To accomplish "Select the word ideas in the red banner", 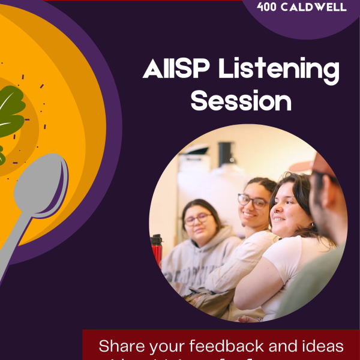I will pyautogui.click(x=323, y=346).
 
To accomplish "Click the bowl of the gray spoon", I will pyautogui.click(x=43, y=182).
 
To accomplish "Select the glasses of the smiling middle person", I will pyautogui.click(x=253, y=201).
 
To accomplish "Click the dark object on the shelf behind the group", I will pyautogui.click(x=226, y=154).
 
